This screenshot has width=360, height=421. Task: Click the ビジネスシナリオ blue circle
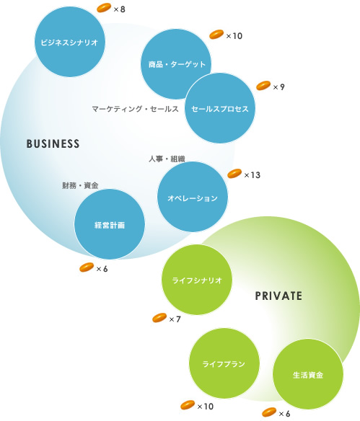point(69,42)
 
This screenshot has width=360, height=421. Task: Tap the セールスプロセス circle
point(220,108)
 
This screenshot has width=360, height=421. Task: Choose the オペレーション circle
point(193,197)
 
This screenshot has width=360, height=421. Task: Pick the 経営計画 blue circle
point(110,224)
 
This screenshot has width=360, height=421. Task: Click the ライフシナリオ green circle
point(197,280)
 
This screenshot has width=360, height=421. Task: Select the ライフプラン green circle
point(224,363)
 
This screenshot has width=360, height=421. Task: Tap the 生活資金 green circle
point(308,374)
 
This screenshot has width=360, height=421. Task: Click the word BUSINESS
point(53,144)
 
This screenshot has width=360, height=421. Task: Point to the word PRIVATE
point(278,296)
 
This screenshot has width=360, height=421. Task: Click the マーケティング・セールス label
point(135,109)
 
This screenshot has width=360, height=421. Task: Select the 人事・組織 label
point(167,159)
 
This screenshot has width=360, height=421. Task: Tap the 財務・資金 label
point(80,185)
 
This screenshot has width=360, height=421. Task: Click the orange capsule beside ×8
point(104,8)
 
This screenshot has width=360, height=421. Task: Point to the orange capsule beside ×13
point(234,174)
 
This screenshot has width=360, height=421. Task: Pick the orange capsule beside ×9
point(263,86)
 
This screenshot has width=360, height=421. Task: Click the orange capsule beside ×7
point(159,318)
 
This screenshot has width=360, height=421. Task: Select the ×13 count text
point(253,175)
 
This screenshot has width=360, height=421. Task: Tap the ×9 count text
point(278,87)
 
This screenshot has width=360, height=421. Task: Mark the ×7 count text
point(175,319)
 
